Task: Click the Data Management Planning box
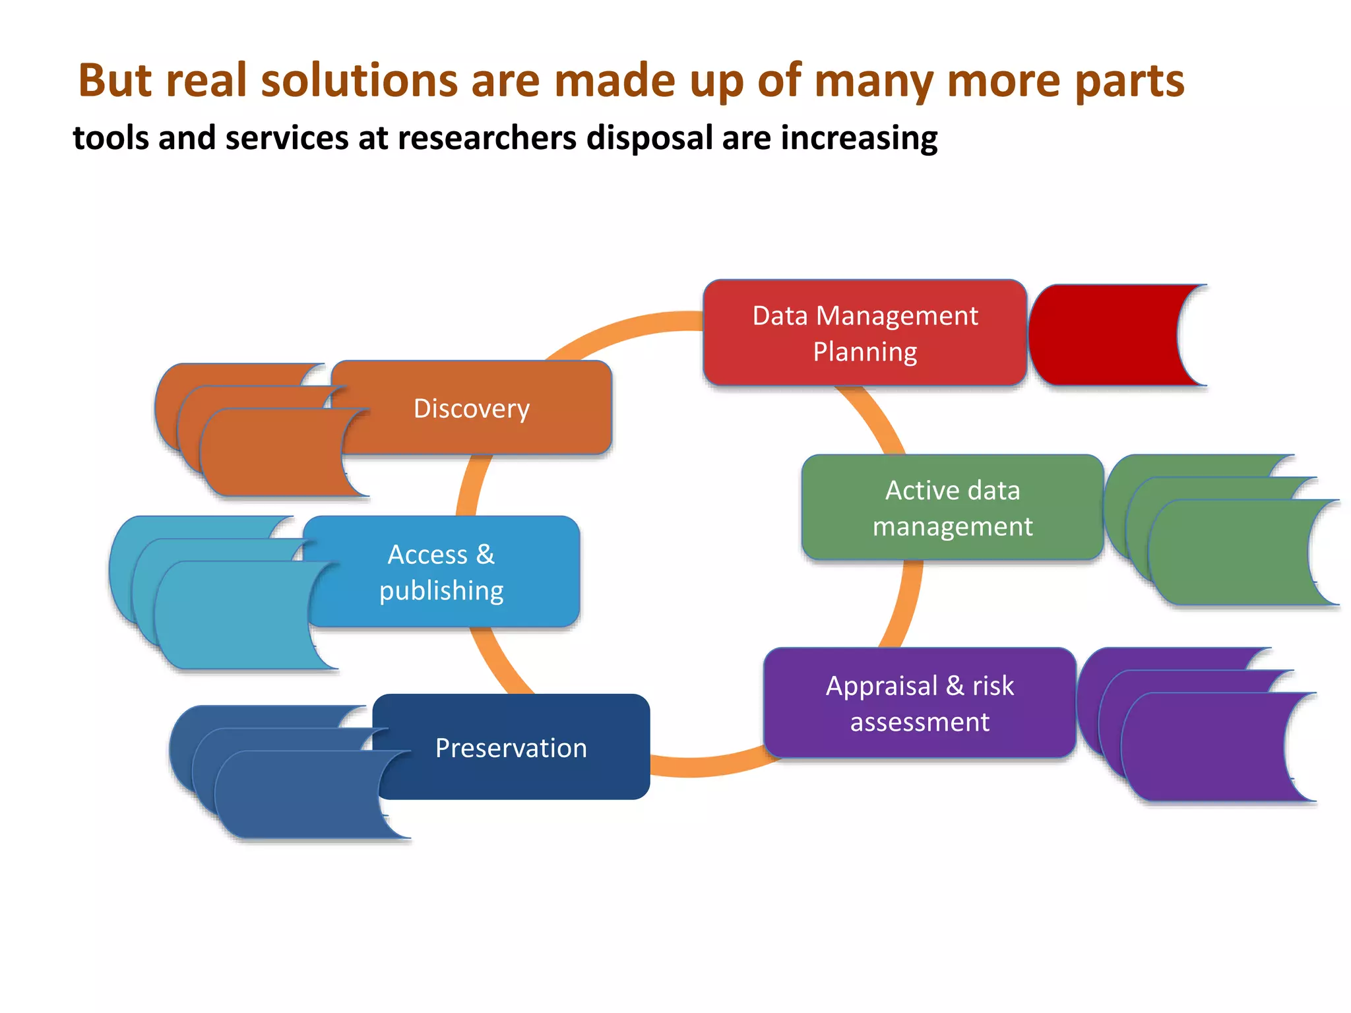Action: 864,333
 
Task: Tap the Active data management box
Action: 952,508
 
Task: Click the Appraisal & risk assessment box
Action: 920,703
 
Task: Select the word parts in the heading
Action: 1129,80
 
